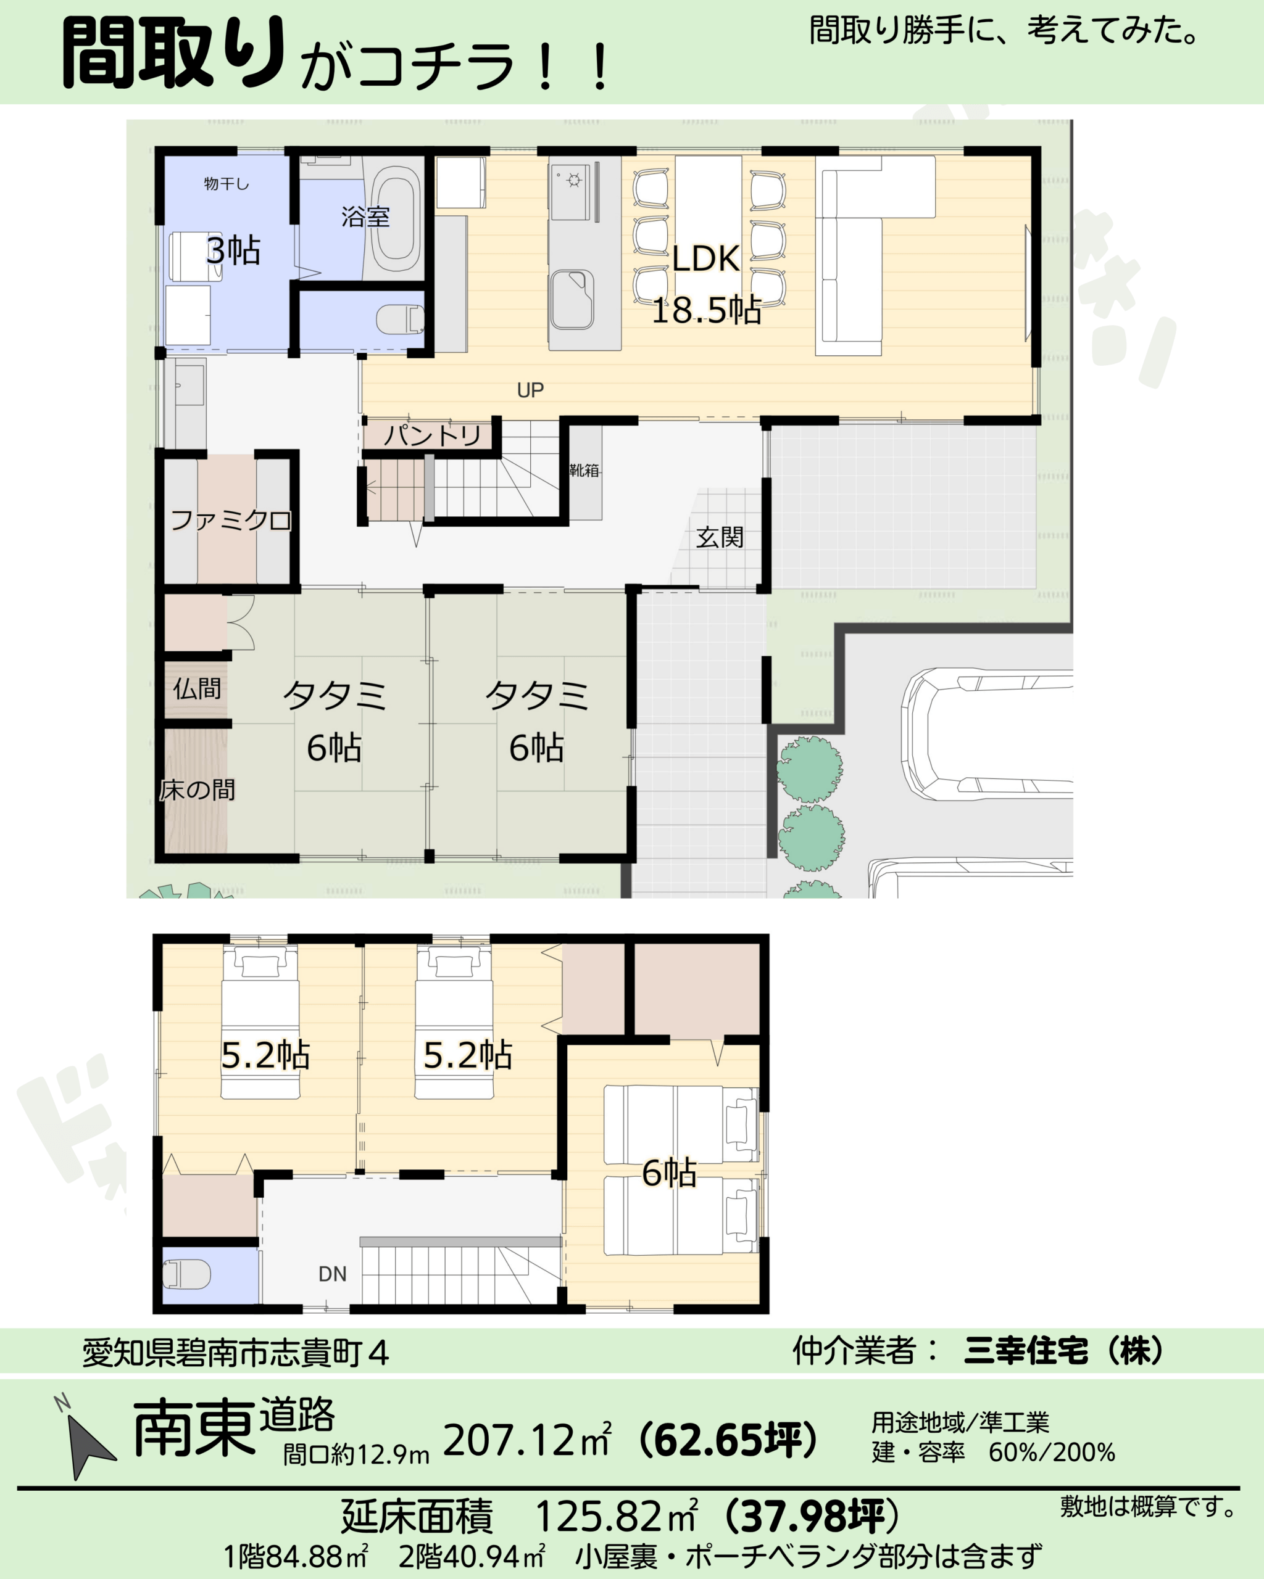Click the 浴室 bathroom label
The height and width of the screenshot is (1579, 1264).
[x=365, y=216]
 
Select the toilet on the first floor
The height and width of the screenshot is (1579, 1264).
[x=400, y=320]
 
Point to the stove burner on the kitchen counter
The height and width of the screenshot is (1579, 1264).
[x=573, y=179]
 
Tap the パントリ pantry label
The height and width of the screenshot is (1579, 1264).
[x=432, y=435]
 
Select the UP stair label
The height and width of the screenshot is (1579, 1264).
[x=530, y=390]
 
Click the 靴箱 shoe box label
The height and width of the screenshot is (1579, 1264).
[x=584, y=470]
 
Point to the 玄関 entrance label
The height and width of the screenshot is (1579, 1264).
[x=720, y=538]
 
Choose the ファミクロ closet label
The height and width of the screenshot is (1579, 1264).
[x=230, y=521]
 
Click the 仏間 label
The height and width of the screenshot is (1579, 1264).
[x=196, y=688]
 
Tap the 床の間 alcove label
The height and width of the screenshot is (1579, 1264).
[x=197, y=790]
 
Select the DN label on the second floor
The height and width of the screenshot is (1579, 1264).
[x=332, y=1274]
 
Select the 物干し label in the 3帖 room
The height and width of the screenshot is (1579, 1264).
[x=227, y=184]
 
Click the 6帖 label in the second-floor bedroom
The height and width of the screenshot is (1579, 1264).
[x=669, y=1173]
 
